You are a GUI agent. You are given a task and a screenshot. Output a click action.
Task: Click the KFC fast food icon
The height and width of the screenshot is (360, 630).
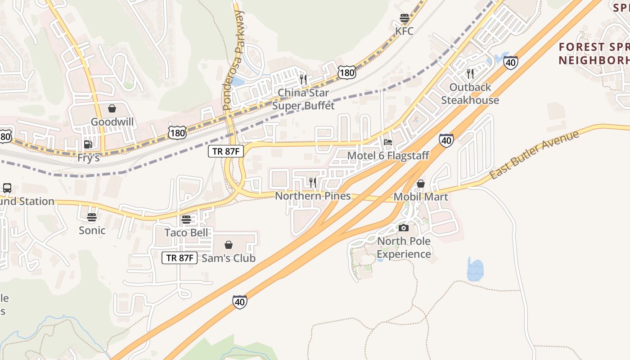click(404, 18)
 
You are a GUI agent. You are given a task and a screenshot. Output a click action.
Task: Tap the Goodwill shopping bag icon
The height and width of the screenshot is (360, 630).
click(112, 108)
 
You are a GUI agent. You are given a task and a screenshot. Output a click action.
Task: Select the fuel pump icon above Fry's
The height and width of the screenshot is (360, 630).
click(88, 144)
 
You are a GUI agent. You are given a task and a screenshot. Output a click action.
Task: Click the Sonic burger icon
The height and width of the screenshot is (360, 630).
click(92, 218)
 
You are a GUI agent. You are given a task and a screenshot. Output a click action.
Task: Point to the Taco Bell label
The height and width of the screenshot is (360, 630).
click(186, 233)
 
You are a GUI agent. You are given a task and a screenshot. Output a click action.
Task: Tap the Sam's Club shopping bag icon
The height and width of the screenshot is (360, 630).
click(229, 245)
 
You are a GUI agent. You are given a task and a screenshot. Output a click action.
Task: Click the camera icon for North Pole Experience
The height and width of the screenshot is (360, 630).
click(404, 228)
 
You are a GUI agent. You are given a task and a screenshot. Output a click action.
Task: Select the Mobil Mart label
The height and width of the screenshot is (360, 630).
click(421, 197)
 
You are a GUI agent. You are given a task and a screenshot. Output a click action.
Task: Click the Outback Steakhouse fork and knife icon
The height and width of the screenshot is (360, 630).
click(470, 74)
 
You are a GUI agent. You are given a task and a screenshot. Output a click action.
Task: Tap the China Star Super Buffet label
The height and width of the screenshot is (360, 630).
click(303, 99)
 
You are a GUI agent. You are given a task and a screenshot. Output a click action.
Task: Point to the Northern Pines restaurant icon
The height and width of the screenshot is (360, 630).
click(313, 182)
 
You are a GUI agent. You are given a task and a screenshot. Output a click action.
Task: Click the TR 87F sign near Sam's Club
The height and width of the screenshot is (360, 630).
click(180, 258)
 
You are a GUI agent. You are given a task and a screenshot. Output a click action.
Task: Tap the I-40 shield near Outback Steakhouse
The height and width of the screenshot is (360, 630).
click(511, 63)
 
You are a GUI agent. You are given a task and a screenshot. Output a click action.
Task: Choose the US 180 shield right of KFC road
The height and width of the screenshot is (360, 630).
click(348, 72)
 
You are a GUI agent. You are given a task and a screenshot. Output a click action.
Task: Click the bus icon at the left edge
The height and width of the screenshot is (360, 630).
click(7, 188)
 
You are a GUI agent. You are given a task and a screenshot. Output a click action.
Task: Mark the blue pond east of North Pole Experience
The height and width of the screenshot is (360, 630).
click(475, 270)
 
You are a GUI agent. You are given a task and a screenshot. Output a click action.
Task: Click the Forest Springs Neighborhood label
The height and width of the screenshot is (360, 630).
click(594, 53)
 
